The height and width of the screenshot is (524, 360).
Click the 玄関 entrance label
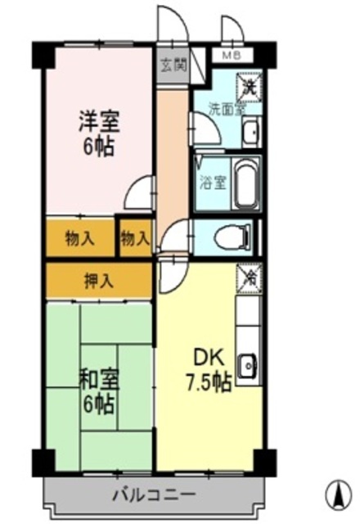[173, 65]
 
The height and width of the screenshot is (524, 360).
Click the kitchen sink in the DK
[248, 363]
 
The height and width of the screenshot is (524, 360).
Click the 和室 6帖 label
[98, 391]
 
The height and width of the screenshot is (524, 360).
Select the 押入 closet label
[98, 282]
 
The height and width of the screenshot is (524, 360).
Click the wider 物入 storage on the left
[80, 239]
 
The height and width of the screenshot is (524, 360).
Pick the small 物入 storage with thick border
[135, 238]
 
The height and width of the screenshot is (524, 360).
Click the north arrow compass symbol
[335, 494]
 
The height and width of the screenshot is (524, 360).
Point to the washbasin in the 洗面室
[251, 130]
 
